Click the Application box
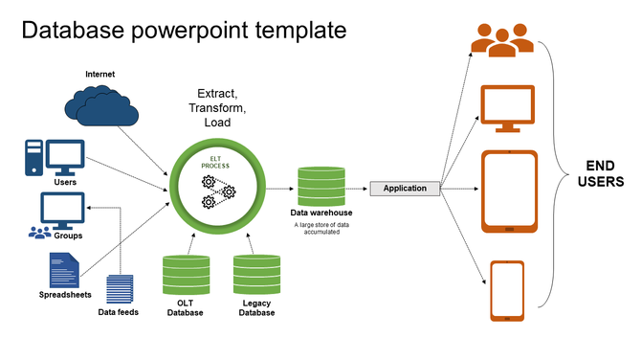[405, 188]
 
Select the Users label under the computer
[66, 181]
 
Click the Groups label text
[67, 234]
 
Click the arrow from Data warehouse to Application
[356, 188]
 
